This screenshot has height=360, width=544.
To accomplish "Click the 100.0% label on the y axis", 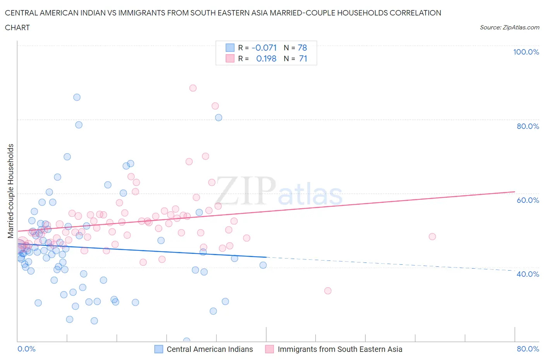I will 526,52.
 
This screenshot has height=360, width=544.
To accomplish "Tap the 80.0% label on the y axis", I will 528,126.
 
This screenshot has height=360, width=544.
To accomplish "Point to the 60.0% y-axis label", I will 528,200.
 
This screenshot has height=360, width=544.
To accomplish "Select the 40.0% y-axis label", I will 528,274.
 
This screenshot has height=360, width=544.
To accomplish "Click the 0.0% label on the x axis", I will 26,349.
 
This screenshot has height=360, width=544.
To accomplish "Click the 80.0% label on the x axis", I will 528,349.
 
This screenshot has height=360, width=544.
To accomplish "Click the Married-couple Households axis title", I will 11,191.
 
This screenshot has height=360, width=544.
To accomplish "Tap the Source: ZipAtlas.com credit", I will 509,27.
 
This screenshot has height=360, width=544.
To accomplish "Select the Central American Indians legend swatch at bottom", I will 159,349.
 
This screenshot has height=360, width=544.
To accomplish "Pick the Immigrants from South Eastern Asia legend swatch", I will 270,349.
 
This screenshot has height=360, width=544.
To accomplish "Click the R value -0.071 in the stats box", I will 264,48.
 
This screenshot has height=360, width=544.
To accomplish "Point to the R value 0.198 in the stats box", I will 266,58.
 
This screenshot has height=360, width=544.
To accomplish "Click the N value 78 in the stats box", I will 302,48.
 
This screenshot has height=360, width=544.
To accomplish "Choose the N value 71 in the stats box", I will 303,58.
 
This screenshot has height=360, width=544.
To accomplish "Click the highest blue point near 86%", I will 77,97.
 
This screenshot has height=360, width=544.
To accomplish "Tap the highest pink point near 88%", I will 193,88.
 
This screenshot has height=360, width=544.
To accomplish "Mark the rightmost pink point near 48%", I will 432,237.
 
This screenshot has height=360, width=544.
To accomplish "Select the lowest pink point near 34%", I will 328,291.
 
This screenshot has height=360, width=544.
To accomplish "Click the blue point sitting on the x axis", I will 186,341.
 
